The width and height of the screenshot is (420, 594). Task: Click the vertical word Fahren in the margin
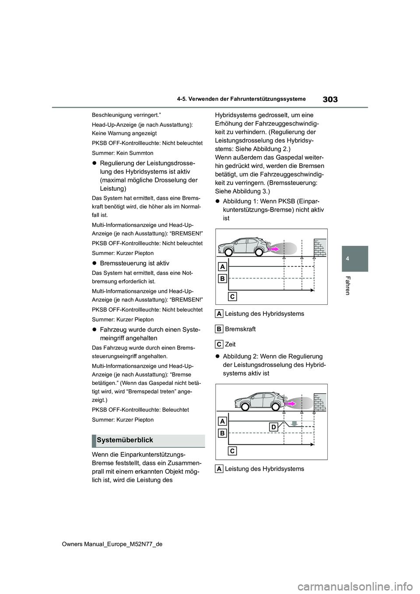point(348,286)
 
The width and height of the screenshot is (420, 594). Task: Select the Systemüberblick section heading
point(125,440)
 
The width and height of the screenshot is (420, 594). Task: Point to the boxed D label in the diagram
point(273,427)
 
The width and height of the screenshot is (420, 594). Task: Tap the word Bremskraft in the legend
point(240,329)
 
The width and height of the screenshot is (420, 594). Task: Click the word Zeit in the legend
point(230,344)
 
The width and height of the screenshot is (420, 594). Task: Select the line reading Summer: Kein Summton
point(122,153)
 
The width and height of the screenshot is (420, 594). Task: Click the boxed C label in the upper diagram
point(233,297)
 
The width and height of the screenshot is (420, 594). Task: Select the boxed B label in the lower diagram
point(222,433)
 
